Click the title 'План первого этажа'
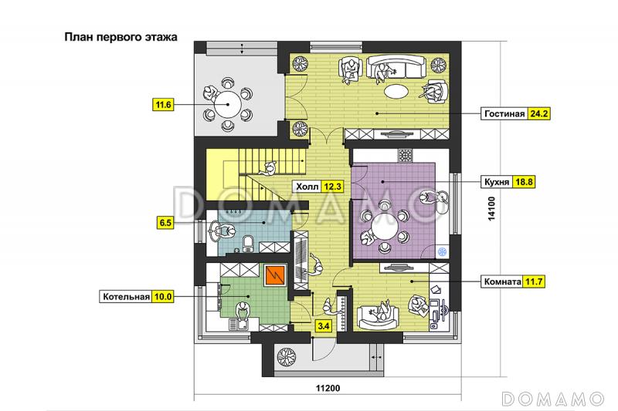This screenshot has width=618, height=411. [121, 37]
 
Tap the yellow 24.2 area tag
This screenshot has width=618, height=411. [538, 113]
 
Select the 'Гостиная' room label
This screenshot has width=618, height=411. [504, 113]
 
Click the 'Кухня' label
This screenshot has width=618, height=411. [497, 182]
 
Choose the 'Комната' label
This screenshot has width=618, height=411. [503, 281]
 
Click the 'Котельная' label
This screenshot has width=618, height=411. [126, 296]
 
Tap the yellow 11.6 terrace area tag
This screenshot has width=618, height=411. [163, 105]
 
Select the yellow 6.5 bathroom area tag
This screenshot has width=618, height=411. [165, 223]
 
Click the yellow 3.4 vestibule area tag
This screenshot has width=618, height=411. [323, 325]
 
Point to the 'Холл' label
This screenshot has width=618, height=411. [307, 186]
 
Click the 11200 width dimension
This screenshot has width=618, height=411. [328, 388]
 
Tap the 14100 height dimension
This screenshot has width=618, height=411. [491, 208]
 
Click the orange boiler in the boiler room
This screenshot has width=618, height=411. [275, 275]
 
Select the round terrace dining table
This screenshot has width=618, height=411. [228, 105]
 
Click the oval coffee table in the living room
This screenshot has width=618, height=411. [396, 92]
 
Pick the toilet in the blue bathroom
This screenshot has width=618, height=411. [248, 244]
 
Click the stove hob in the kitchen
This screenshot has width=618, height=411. [405, 156]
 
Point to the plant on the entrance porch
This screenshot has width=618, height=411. [287, 357]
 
